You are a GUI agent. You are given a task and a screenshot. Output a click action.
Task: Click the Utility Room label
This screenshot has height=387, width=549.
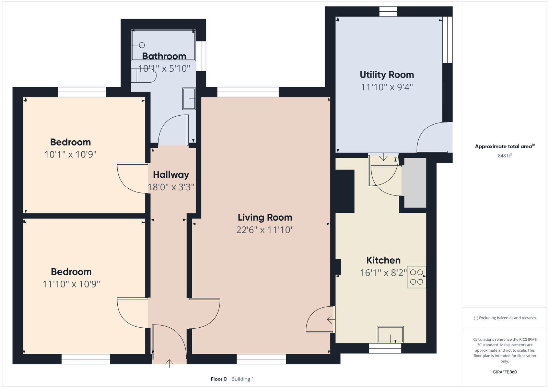(x=387, y=74)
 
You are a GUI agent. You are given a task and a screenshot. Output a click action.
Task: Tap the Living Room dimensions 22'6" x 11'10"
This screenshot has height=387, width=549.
(x=265, y=230)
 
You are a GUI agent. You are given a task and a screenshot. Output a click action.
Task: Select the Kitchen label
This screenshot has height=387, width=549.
(x=383, y=260)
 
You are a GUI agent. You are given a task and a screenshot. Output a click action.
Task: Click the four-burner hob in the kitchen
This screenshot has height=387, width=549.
(x=416, y=277)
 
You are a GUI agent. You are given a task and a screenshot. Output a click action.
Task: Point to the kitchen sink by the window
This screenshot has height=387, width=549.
(x=390, y=334)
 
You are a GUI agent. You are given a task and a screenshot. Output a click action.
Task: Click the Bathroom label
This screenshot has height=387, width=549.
(x=164, y=56)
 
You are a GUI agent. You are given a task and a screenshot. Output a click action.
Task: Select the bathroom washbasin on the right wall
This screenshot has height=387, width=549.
(x=189, y=99)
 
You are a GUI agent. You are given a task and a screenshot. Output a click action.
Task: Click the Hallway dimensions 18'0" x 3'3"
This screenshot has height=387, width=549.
(x=171, y=187)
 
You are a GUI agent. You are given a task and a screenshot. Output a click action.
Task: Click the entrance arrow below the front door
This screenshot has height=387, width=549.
(x=169, y=363)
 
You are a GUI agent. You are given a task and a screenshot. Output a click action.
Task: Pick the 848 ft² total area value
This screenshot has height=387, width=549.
(x=505, y=156)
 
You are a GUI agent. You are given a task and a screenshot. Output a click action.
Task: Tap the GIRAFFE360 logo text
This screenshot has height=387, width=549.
(x=505, y=372)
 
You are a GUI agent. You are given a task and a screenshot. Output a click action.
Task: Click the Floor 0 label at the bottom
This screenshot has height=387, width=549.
(x=219, y=379)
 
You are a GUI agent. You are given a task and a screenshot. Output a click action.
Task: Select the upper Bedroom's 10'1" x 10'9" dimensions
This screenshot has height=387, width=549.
(x=70, y=154)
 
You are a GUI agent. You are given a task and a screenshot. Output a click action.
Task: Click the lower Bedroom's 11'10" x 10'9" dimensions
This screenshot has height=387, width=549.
(x=71, y=284)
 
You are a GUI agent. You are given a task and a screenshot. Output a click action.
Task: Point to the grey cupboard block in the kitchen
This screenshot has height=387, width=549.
(x=415, y=183)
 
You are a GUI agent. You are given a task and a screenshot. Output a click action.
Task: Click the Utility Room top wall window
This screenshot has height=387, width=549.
(x=388, y=11)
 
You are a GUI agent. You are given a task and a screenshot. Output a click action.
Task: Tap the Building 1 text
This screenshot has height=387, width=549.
(x=243, y=379)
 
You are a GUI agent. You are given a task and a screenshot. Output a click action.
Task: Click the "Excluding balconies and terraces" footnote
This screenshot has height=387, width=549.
(x=505, y=318)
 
